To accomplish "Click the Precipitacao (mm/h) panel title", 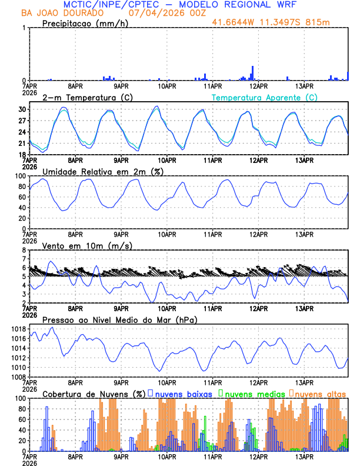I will [86, 23].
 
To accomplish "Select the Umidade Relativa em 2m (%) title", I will [102, 171].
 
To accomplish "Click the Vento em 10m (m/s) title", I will [88, 245].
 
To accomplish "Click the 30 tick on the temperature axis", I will [22, 109].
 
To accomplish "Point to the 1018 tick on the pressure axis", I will [18, 329].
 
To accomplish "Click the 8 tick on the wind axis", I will [23, 250].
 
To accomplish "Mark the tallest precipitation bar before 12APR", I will [252, 73].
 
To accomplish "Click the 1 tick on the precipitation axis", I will [23, 28].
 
